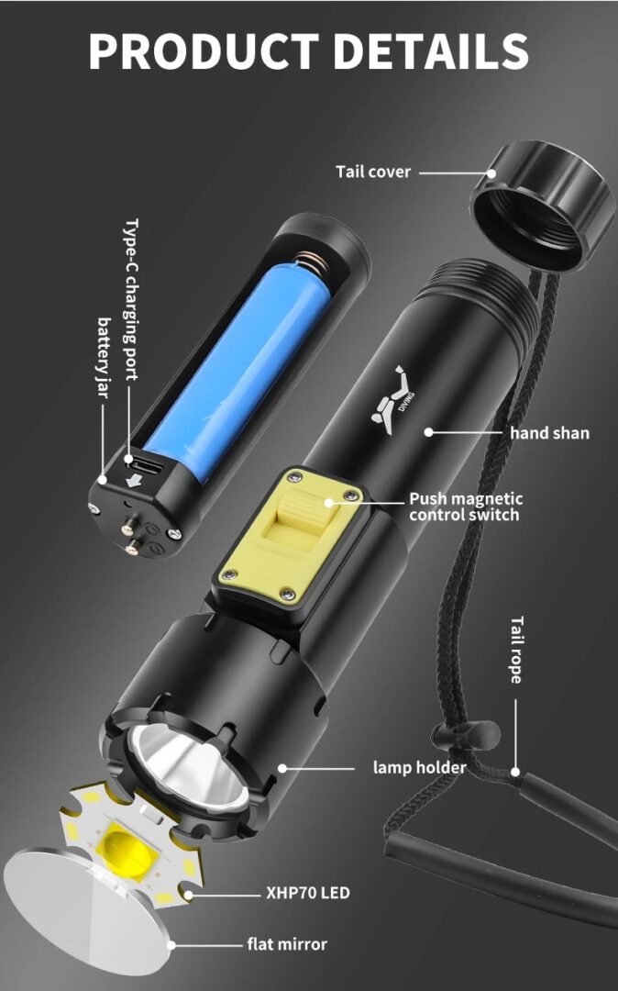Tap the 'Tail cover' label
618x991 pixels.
pyautogui.click(x=373, y=172)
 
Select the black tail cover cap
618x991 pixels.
pyautogui.click(x=542, y=202)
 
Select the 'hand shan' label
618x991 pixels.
pyautogui.click(x=549, y=432)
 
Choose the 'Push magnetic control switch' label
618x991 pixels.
pyautogui.click(x=465, y=507)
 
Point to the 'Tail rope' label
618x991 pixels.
pyautogui.click(x=515, y=649)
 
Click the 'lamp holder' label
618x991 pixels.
pyautogui.click(x=419, y=767)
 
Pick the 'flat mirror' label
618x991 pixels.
pyautogui.click(x=286, y=943)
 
